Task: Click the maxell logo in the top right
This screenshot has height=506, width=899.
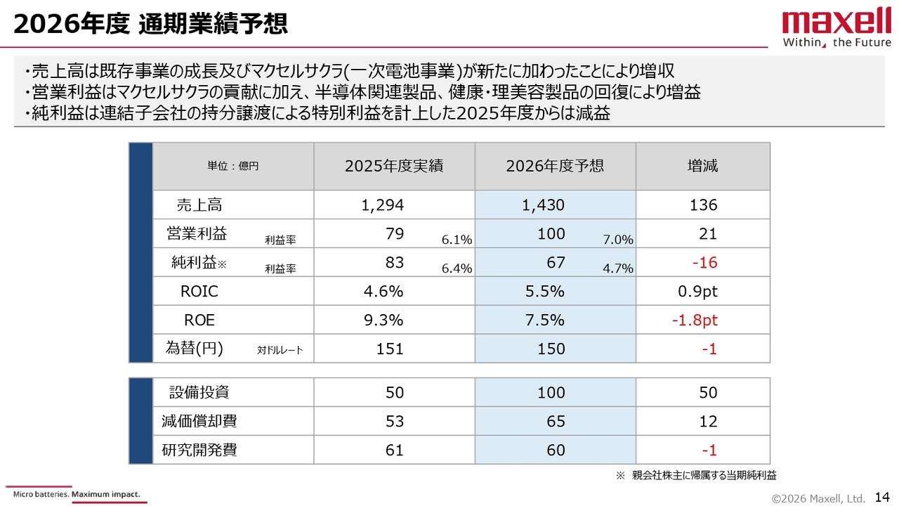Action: [x=836, y=28]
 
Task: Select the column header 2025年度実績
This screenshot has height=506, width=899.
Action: [x=394, y=166]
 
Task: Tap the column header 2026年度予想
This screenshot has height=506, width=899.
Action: [x=555, y=166]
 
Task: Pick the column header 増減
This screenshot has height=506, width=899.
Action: [x=702, y=166]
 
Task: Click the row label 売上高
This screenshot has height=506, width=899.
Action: [x=199, y=205]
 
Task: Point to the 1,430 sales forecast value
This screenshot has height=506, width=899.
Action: [x=543, y=205]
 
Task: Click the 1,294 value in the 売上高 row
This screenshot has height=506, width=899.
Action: [x=383, y=205]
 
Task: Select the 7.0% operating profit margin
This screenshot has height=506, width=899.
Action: [x=618, y=240]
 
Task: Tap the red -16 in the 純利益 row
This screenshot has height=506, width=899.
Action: [x=704, y=263]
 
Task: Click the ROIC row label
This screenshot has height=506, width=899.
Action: [x=199, y=292]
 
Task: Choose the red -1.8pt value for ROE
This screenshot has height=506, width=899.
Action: [x=694, y=320]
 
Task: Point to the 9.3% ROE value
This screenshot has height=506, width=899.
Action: [x=383, y=320]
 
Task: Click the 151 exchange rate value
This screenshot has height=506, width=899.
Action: [x=391, y=349]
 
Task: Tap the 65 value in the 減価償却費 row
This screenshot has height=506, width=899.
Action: [x=556, y=421]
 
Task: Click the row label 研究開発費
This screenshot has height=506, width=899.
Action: [x=199, y=450]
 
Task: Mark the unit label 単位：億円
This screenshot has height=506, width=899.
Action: [x=232, y=167]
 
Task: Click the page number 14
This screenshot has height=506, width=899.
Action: [x=882, y=497]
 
